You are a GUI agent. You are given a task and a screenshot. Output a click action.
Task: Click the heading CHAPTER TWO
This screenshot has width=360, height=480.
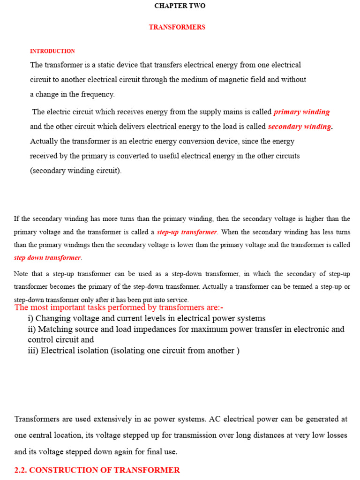pos(180,6)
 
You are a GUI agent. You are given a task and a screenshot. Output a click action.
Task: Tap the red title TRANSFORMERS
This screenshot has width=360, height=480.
pos(177,27)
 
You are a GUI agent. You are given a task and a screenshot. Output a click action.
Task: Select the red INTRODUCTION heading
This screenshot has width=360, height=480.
pos(52,51)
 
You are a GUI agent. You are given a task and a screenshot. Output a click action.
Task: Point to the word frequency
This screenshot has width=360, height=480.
pos(97,94)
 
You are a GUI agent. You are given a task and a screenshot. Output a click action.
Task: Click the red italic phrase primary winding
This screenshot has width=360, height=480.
pos(301,112)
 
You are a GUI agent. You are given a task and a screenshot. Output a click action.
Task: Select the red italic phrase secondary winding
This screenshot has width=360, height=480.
pos(300,127)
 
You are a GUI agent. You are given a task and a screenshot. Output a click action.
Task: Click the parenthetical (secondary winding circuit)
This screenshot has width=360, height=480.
pos(76,171)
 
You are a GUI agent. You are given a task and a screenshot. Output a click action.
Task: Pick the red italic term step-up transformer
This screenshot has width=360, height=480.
pos(187,232)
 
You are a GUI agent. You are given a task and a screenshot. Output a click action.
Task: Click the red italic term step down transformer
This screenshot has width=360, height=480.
pos(47,258)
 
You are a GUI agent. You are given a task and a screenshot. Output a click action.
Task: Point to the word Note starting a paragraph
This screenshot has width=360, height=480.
pos(21,274)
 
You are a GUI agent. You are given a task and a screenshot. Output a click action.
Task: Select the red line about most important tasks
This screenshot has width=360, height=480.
pos(119,307)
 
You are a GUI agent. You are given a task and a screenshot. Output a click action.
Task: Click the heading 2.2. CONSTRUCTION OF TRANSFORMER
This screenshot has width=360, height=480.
pos(97,470)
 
